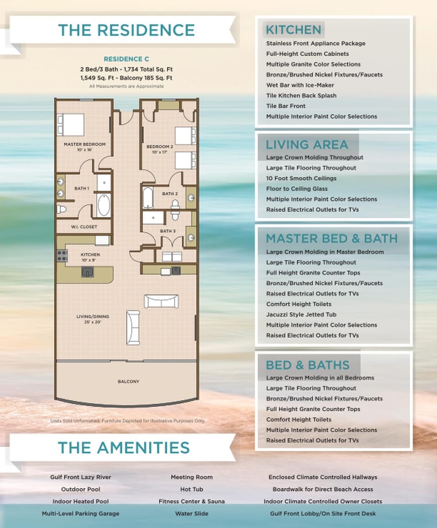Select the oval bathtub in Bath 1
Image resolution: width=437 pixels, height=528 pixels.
click(104, 205)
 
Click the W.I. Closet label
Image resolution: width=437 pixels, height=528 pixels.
click(83, 226)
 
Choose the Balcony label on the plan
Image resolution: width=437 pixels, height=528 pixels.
click(128, 381)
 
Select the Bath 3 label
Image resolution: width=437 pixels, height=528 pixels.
click(168, 231)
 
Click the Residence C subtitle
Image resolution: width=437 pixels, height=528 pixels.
click(126, 59)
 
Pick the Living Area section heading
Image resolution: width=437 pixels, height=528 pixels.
click(307, 145)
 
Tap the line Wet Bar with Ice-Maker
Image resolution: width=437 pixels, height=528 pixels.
click(300, 85)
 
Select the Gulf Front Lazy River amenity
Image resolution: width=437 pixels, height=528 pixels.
click(81, 477)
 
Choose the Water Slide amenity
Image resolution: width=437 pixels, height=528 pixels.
click(191, 513)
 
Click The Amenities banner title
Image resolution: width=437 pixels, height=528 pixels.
click(123, 447)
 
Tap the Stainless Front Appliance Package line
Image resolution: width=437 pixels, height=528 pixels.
click(315, 43)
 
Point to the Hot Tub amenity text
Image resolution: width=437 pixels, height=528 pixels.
click(191, 489)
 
